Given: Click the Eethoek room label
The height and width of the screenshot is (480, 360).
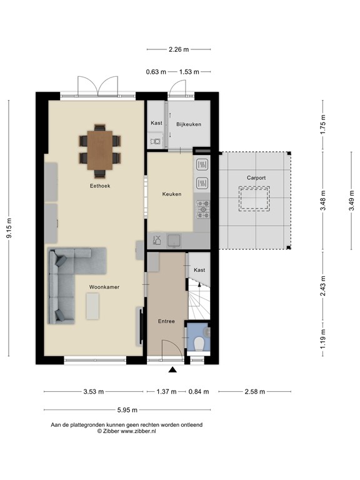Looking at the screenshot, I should [99, 186].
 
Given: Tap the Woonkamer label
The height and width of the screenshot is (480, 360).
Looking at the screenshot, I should [104, 287].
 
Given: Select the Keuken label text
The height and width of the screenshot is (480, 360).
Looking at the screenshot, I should [171, 194].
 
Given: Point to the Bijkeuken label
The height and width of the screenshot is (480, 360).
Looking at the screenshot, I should [189, 124].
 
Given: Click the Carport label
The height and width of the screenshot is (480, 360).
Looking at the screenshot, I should [256, 178].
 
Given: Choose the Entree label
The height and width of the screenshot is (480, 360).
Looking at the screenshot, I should [166, 321].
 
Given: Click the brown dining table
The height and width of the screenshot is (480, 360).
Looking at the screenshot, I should [100, 149].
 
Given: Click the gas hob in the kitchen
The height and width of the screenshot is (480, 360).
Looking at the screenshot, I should [203, 209].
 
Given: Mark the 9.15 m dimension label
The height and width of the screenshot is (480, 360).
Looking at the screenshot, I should [9, 229].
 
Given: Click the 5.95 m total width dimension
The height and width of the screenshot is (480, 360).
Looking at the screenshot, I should [127, 411].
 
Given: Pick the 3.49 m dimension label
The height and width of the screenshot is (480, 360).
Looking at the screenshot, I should [351, 201].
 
